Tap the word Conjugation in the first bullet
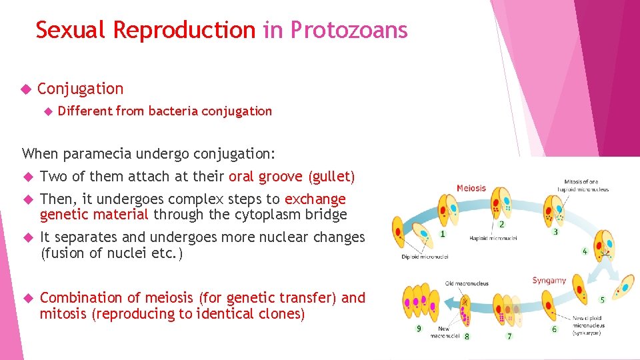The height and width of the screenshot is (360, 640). (80, 89)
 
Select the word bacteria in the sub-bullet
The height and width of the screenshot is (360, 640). (173, 111)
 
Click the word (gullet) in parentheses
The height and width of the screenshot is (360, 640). (331, 177)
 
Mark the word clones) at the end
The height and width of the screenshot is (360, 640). (282, 314)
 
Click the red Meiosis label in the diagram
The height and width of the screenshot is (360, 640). (471, 189)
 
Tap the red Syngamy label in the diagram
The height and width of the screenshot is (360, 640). (549, 281)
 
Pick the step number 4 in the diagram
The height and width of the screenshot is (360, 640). (585, 251)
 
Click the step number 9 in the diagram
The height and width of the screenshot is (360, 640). (419, 329)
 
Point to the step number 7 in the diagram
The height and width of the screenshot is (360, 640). (509, 336)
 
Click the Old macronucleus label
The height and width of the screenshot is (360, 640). (467, 283)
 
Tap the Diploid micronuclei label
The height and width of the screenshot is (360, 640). (425, 256)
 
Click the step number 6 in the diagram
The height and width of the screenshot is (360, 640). (554, 329)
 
